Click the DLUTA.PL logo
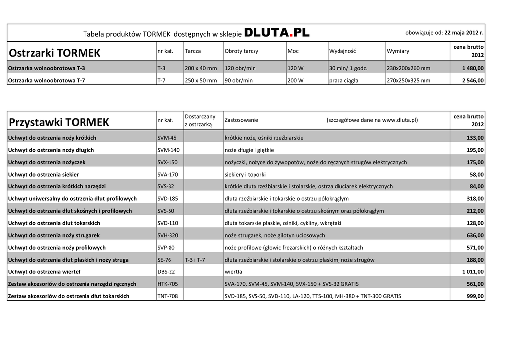[277, 33]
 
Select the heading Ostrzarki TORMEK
[55, 53]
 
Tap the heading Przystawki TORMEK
[59, 122]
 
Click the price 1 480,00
[473, 68]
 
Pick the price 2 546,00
[473, 80]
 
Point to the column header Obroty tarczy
[242, 51]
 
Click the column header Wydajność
[342, 51]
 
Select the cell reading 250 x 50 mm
[201, 80]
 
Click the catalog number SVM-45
[167, 138]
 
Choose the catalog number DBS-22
[166, 272]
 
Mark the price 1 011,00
[473, 272]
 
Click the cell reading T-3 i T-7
[195, 260]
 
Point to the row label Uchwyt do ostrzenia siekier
[43, 175]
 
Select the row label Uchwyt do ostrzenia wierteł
[44, 272]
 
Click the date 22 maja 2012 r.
[464, 33]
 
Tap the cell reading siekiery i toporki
[245, 175]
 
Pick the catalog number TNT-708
[167, 296]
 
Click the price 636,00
[475, 235]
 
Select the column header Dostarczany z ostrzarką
[200, 120]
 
